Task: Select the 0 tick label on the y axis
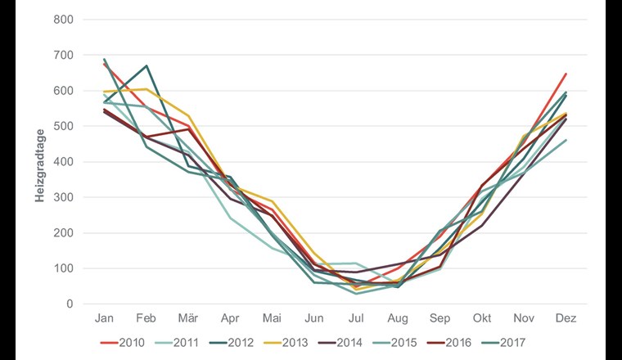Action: [70, 304]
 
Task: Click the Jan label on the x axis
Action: [104, 318]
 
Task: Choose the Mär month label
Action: [188, 318]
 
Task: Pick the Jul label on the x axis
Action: [356, 318]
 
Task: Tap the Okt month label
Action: [481, 318]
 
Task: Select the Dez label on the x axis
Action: [566, 318]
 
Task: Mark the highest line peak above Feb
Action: [146, 65]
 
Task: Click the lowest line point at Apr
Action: [230, 218]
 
